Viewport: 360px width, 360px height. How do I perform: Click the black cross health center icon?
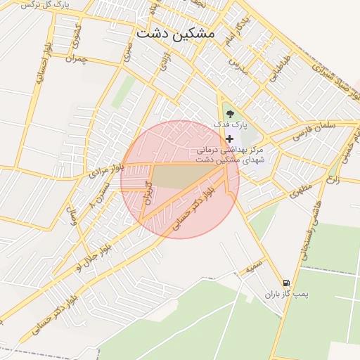coord(229,139)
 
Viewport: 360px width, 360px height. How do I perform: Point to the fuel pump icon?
coord(285,282)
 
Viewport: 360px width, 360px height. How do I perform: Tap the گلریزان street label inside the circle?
coord(148,191)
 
